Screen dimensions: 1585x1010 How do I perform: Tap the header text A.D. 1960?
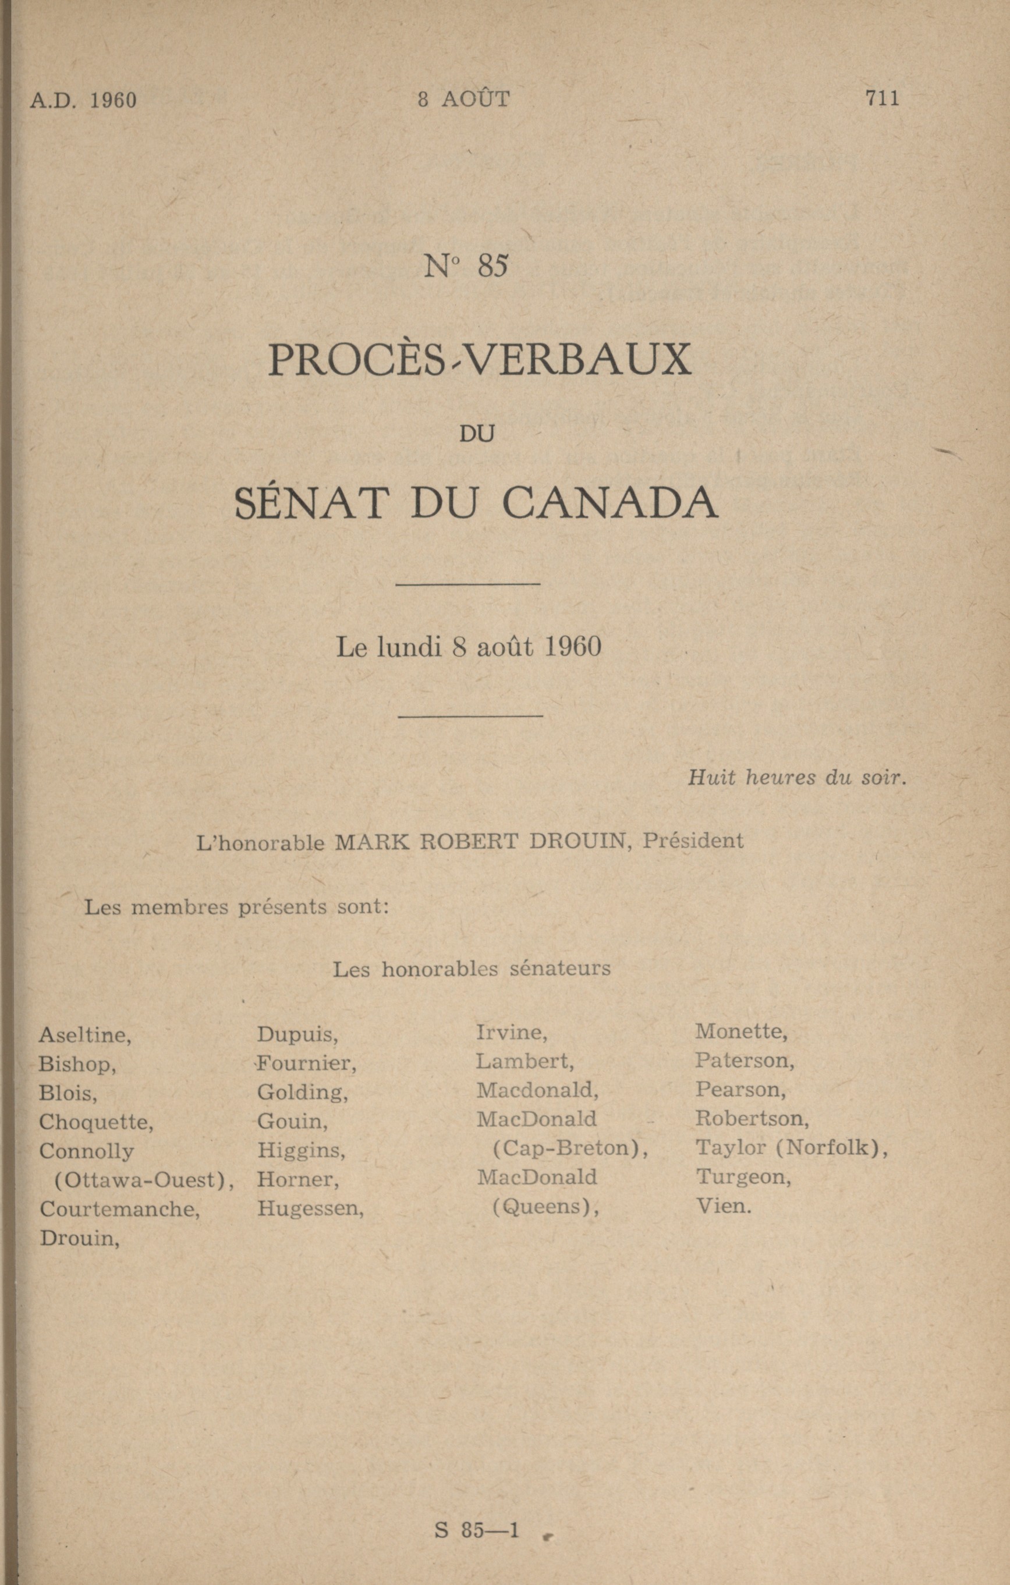coord(83,100)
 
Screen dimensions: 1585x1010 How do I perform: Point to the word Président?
coord(693,841)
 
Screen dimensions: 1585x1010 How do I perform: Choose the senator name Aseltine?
coord(85,1036)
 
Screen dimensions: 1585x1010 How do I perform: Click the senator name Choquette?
coord(96,1122)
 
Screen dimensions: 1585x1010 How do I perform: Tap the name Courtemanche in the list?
coord(119,1209)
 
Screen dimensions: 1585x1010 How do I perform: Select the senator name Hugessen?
coord(310,1208)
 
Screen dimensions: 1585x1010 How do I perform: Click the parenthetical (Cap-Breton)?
coord(570,1148)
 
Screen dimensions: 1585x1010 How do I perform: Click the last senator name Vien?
coord(723,1207)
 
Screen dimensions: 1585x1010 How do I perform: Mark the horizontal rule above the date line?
coord(469,584)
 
